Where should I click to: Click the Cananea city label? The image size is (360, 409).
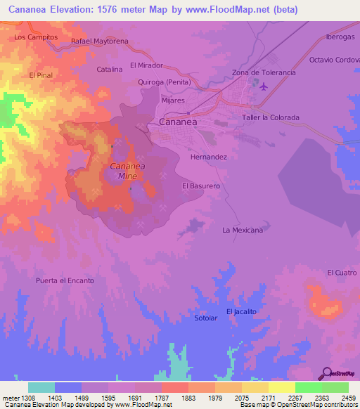coord(177,122)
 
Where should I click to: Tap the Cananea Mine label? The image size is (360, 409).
coord(127,171)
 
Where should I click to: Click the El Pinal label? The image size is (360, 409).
coord(41,74)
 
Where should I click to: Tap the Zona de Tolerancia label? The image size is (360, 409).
coord(264,72)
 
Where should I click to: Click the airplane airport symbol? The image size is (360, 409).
coord(264,87)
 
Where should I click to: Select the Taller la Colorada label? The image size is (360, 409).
coord(271,117)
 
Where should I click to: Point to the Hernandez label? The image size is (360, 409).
coord(209,157)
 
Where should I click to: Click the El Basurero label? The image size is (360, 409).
coord(201,186)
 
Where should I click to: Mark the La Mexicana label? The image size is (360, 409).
coord(243,230)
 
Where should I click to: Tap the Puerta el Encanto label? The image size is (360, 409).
coord(65,280)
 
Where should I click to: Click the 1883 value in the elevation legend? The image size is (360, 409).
coord(188,398)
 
